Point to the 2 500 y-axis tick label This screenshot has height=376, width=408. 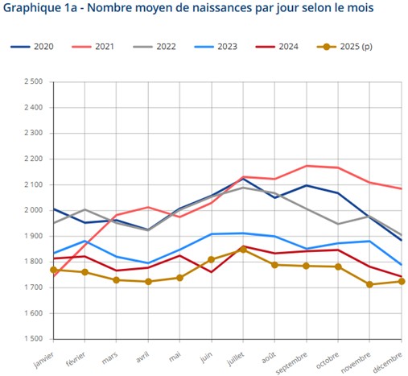[33, 81]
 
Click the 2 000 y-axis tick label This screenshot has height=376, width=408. [33, 210]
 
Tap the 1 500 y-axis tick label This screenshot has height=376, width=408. [33, 339]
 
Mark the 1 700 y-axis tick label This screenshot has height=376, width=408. [33, 287]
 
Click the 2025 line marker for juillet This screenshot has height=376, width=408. [244, 250]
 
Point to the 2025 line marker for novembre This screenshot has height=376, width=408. [369, 284]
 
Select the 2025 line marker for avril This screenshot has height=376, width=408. [148, 282]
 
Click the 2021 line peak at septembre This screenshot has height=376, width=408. [307, 166]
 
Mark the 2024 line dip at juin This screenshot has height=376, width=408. [212, 272]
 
